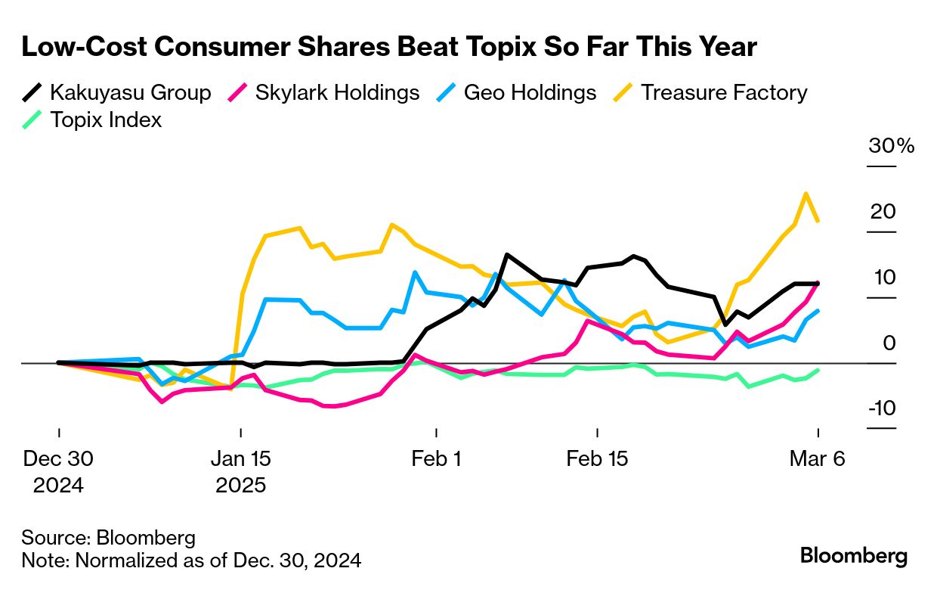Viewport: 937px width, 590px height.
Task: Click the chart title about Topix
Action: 389,48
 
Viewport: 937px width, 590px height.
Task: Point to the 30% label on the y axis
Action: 891,146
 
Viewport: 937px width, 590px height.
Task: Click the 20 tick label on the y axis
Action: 883,212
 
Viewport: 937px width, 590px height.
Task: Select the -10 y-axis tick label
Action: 881,408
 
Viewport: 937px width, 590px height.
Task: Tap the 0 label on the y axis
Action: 889,343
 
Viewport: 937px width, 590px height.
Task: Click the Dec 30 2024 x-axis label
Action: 58,471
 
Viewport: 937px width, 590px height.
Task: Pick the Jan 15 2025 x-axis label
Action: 240,471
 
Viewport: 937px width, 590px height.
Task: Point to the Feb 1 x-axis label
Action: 436,459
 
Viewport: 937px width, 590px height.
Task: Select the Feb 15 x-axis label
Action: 598,459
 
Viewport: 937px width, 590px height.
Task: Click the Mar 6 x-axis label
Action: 817,459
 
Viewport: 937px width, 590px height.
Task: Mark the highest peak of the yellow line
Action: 806,194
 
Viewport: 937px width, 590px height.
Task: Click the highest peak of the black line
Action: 506,255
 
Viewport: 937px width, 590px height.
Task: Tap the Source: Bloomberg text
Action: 108,538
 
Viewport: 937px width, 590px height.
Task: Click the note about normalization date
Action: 191,560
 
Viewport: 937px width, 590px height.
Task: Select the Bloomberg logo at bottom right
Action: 853,556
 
